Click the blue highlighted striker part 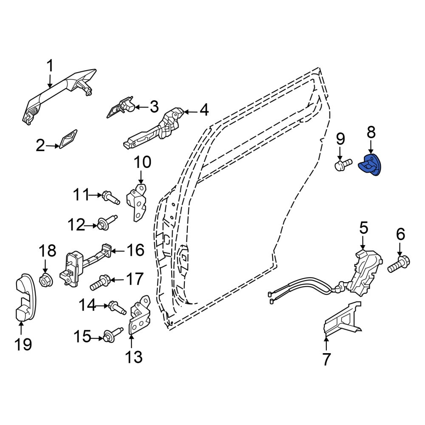(x=370, y=165)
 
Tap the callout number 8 (x=371, y=132)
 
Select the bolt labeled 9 (x=343, y=165)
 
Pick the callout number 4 (x=204, y=110)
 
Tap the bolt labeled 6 (x=399, y=264)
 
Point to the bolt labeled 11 (x=110, y=198)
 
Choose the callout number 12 (x=76, y=225)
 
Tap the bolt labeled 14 (x=117, y=308)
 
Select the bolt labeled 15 (x=112, y=335)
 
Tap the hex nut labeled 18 (x=46, y=280)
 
